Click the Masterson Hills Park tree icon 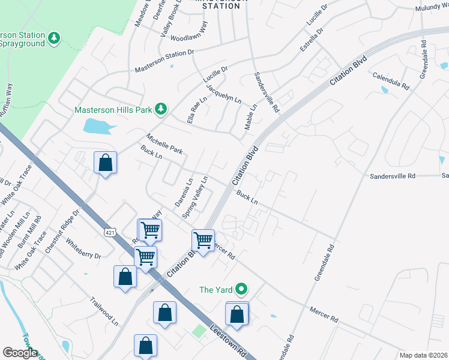(x=160, y=109)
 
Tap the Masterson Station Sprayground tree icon (x=55, y=38)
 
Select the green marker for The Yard (x=241, y=289)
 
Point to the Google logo (x=20, y=353)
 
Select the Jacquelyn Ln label (x=223, y=92)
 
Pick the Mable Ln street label (x=250, y=117)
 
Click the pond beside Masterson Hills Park (x=98, y=125)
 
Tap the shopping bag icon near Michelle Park (x=105, y=163)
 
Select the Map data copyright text (x=423, y=355)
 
